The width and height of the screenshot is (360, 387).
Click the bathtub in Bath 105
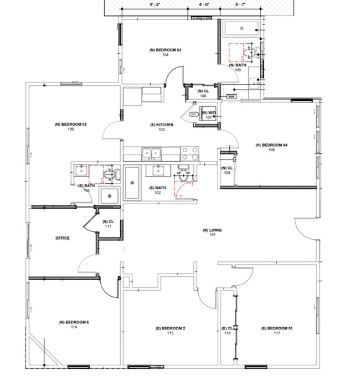240,27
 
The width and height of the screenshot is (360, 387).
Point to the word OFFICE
63,238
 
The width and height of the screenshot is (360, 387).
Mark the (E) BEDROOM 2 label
170,331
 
